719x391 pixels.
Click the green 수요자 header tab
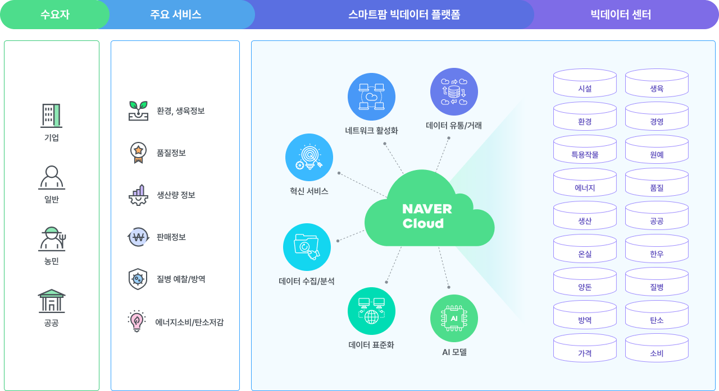[x=54, y=15]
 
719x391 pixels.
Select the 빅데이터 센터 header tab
[x=621, y=15]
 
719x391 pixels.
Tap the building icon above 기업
[x=51, y=116]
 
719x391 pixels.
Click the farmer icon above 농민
[x=52, y=239]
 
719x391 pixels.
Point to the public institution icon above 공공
[x=51, y=301]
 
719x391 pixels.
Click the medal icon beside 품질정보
[x=138, y=153]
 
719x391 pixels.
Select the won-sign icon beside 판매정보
[x=138, y=237]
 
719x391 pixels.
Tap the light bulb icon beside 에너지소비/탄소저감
[x=136, y=321]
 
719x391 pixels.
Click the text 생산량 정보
[x=176, y=195]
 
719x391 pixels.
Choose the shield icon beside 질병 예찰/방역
[x=138, y=279]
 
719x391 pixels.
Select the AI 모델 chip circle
[x=454, y=318]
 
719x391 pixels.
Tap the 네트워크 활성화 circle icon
[x=371, y=97]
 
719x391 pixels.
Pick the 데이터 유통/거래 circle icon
[x=454, y=91]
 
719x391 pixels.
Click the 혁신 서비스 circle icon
[x=309, y=158]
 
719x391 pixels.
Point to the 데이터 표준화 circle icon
[x=371, y=311]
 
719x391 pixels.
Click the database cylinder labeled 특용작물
[x=585, y=149]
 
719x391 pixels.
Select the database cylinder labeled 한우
[x=657, y=249]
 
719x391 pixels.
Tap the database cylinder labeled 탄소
[x=657, y=315]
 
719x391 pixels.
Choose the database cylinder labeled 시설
[x=585, y=83]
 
